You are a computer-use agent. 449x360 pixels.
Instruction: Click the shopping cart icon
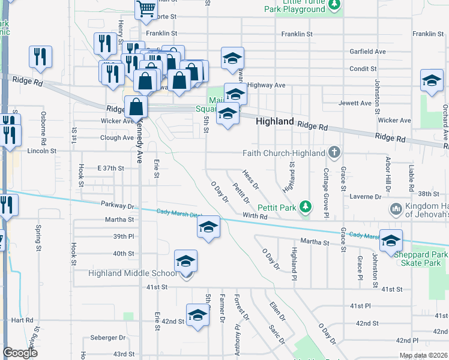tap(146, 9)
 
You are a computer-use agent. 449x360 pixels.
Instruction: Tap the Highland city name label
tap(275, 121)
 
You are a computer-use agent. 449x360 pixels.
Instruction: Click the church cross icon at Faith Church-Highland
tap(334, 153)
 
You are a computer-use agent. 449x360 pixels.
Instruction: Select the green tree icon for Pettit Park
tap(306, 207)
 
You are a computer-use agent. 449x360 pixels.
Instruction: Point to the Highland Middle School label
tap(133, 274)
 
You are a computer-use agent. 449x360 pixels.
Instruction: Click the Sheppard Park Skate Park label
tap(421, 259)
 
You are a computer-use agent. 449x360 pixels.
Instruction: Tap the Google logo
tap(20, 353)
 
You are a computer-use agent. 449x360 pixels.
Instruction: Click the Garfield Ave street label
tap(367, 52)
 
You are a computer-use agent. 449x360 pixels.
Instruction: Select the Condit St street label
tap(363, 69)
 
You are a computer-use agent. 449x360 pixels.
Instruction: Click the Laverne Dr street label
tap(366, 197)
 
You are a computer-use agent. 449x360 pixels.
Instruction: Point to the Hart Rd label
tap(22, 320)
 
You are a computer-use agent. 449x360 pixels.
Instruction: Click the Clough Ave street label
tap(117, 137)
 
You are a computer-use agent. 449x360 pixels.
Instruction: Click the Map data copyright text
tap(423, 355)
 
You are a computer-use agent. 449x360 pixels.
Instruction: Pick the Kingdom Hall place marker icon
tap(395, 209)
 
